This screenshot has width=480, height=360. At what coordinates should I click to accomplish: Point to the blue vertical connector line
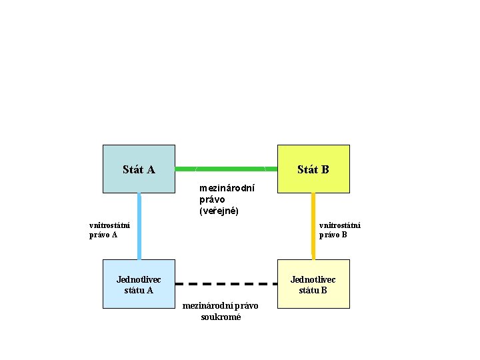pos(139,227)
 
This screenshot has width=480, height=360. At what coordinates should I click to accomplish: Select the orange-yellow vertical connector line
pos(313,227)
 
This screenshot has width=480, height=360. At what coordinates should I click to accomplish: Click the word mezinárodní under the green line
pos(227,188)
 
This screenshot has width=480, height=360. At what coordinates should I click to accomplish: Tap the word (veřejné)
pos(219,211)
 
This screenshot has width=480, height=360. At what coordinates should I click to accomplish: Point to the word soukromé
pos(221,317)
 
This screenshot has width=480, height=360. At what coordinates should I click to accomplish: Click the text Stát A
pos(139,169)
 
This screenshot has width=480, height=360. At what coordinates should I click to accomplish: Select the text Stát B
pos(313,169)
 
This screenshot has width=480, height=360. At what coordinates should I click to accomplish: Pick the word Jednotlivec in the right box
pos(313,279)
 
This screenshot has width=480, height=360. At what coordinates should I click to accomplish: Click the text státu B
pos(313,290)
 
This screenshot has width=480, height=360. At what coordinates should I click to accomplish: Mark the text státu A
pos(139,290)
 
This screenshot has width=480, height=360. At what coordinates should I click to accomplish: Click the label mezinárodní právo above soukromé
pos(221,306)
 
